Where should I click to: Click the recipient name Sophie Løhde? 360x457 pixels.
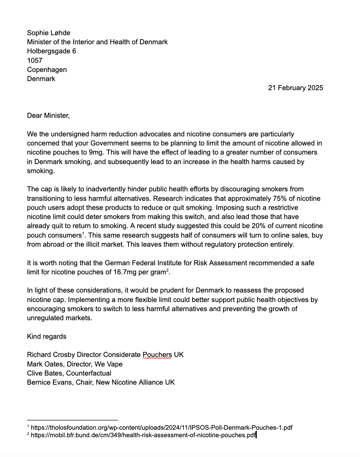(48, 33)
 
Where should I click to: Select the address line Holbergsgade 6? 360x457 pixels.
(51, 51)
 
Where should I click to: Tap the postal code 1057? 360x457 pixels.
(34, 60)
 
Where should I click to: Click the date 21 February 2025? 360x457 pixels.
(295, 88)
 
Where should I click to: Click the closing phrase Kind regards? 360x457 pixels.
(47, 336)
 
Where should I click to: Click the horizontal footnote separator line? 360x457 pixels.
(72, 420)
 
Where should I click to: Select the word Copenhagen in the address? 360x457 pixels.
(47, 70)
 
